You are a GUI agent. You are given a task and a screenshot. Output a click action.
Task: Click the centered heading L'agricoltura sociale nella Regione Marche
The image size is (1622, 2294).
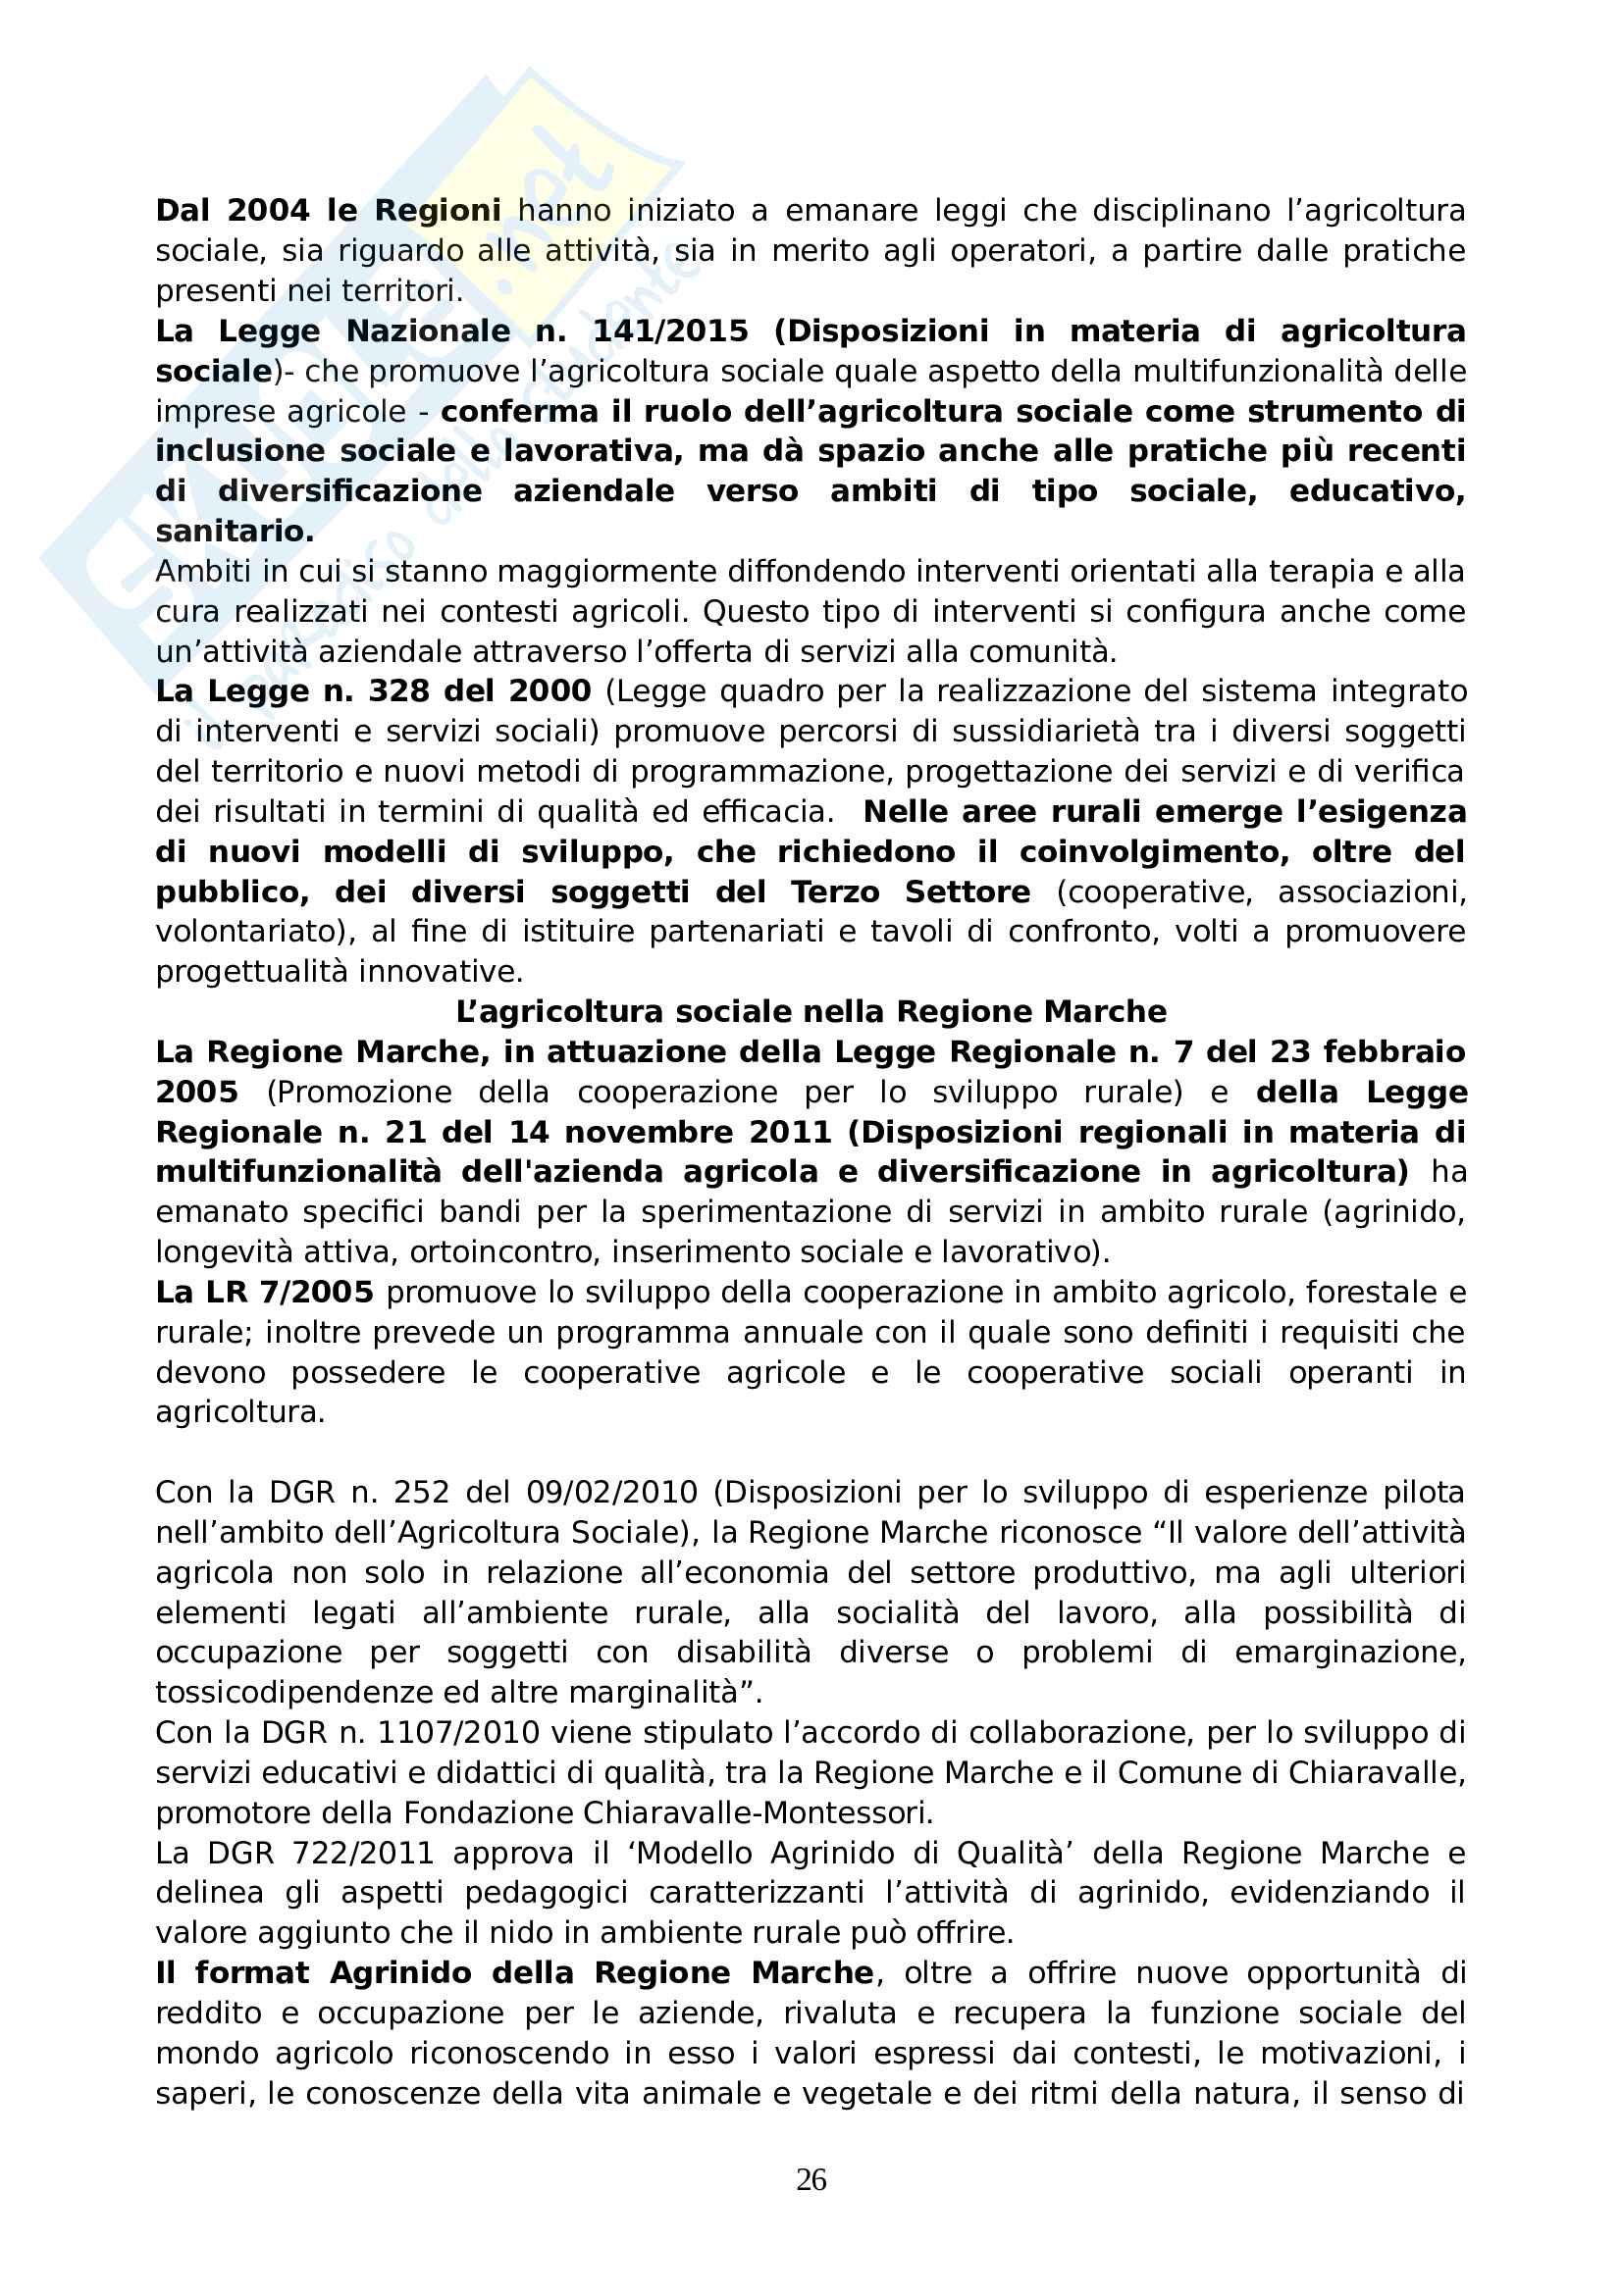coord(811,1012)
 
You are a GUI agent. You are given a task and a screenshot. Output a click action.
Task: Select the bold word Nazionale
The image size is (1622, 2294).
coord(428,331)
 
